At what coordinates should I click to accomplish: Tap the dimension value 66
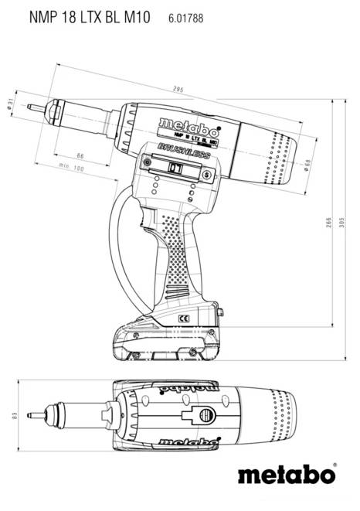click(80, 157)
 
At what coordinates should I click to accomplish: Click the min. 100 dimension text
click(72, 168)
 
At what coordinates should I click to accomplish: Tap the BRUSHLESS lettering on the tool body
click(184, 149)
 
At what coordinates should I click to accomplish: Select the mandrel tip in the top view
click(29, 415)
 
